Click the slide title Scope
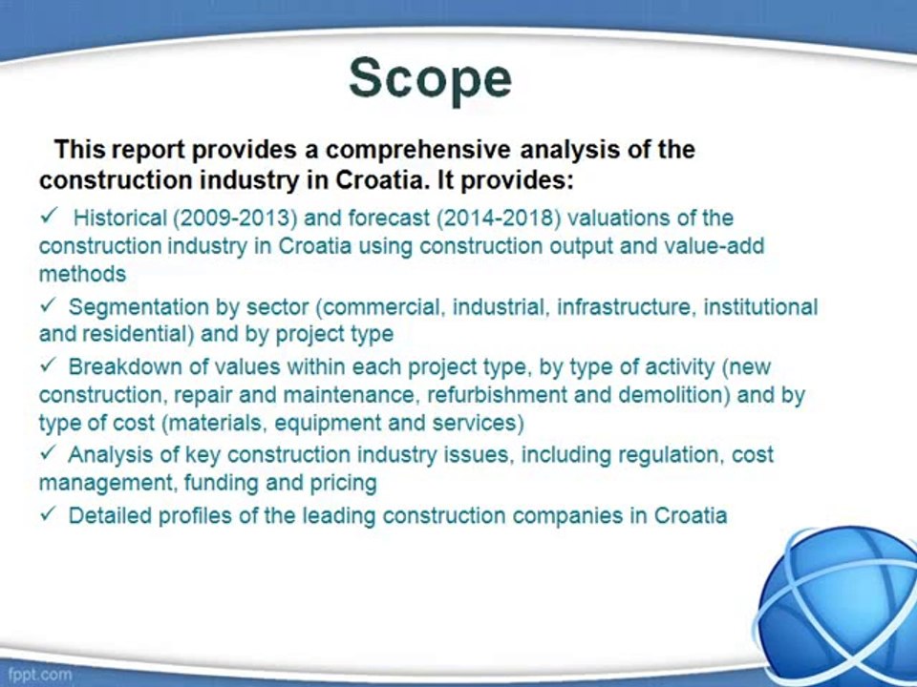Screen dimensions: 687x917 coord(430,78)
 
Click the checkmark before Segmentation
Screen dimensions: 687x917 coord(48,305)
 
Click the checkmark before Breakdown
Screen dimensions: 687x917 coord(48,365)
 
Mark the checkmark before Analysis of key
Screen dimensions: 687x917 coord(48,453)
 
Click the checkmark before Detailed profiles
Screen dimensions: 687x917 coord(48,514)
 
